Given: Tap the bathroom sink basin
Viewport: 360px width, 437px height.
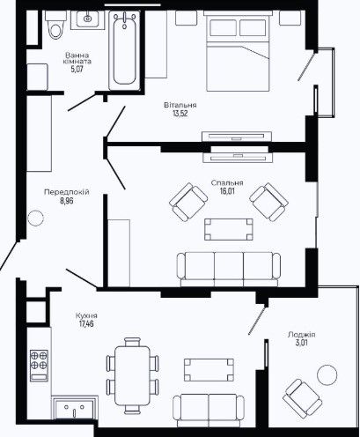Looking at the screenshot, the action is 87,19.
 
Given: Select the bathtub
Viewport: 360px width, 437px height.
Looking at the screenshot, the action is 124,50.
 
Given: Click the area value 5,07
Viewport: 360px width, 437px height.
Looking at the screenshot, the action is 77,70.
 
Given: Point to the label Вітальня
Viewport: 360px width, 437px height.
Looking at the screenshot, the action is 180,105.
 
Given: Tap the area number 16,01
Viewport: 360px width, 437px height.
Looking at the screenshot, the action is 227,191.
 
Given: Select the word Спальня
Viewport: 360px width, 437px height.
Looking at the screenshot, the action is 227,183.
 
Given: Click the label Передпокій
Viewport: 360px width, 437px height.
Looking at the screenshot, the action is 67,192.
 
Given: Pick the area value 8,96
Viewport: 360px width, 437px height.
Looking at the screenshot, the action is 67,201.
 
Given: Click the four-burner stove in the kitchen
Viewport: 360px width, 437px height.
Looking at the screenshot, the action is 39,366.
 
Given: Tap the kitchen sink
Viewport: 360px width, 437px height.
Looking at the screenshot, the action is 75,408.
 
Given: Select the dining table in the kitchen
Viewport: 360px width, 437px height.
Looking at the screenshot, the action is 132,375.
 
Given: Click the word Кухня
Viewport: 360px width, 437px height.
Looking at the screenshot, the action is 86,315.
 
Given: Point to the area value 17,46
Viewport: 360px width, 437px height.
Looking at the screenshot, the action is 86,324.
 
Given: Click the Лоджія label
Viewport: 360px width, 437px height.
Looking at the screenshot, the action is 302,335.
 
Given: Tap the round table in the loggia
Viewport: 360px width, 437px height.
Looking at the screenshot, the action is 327,375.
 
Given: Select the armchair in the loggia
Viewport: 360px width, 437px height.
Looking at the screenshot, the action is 302,398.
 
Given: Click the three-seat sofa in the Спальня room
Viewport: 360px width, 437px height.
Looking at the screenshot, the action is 229,269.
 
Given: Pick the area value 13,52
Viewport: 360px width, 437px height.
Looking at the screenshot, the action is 180,114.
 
